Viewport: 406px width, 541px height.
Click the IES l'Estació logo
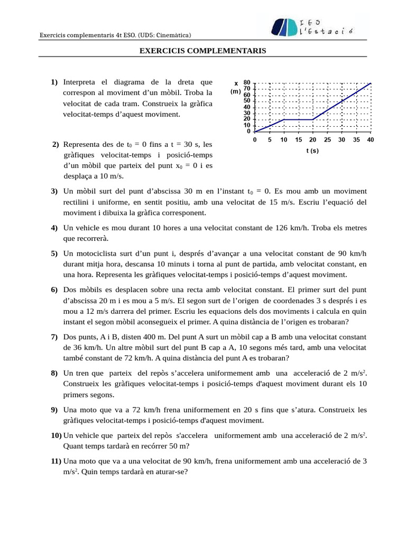click(x=312, y=27)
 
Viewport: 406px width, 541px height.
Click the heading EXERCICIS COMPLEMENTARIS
click(x=202, y=51)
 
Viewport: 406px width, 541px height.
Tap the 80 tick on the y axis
click(x=247, y=82)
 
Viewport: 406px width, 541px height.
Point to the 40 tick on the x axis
click(x=370, y=139)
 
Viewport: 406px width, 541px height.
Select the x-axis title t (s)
click(x=312, y=151)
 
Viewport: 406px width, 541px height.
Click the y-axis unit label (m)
click(x=235, y=91)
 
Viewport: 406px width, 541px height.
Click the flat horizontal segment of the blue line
click(x=298, y=120)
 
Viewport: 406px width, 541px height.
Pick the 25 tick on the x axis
click(x=327, y=139)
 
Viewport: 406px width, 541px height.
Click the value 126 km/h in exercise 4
click(x=292, y=228)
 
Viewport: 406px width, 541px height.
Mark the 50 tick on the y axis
click(x=247, y=100)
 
